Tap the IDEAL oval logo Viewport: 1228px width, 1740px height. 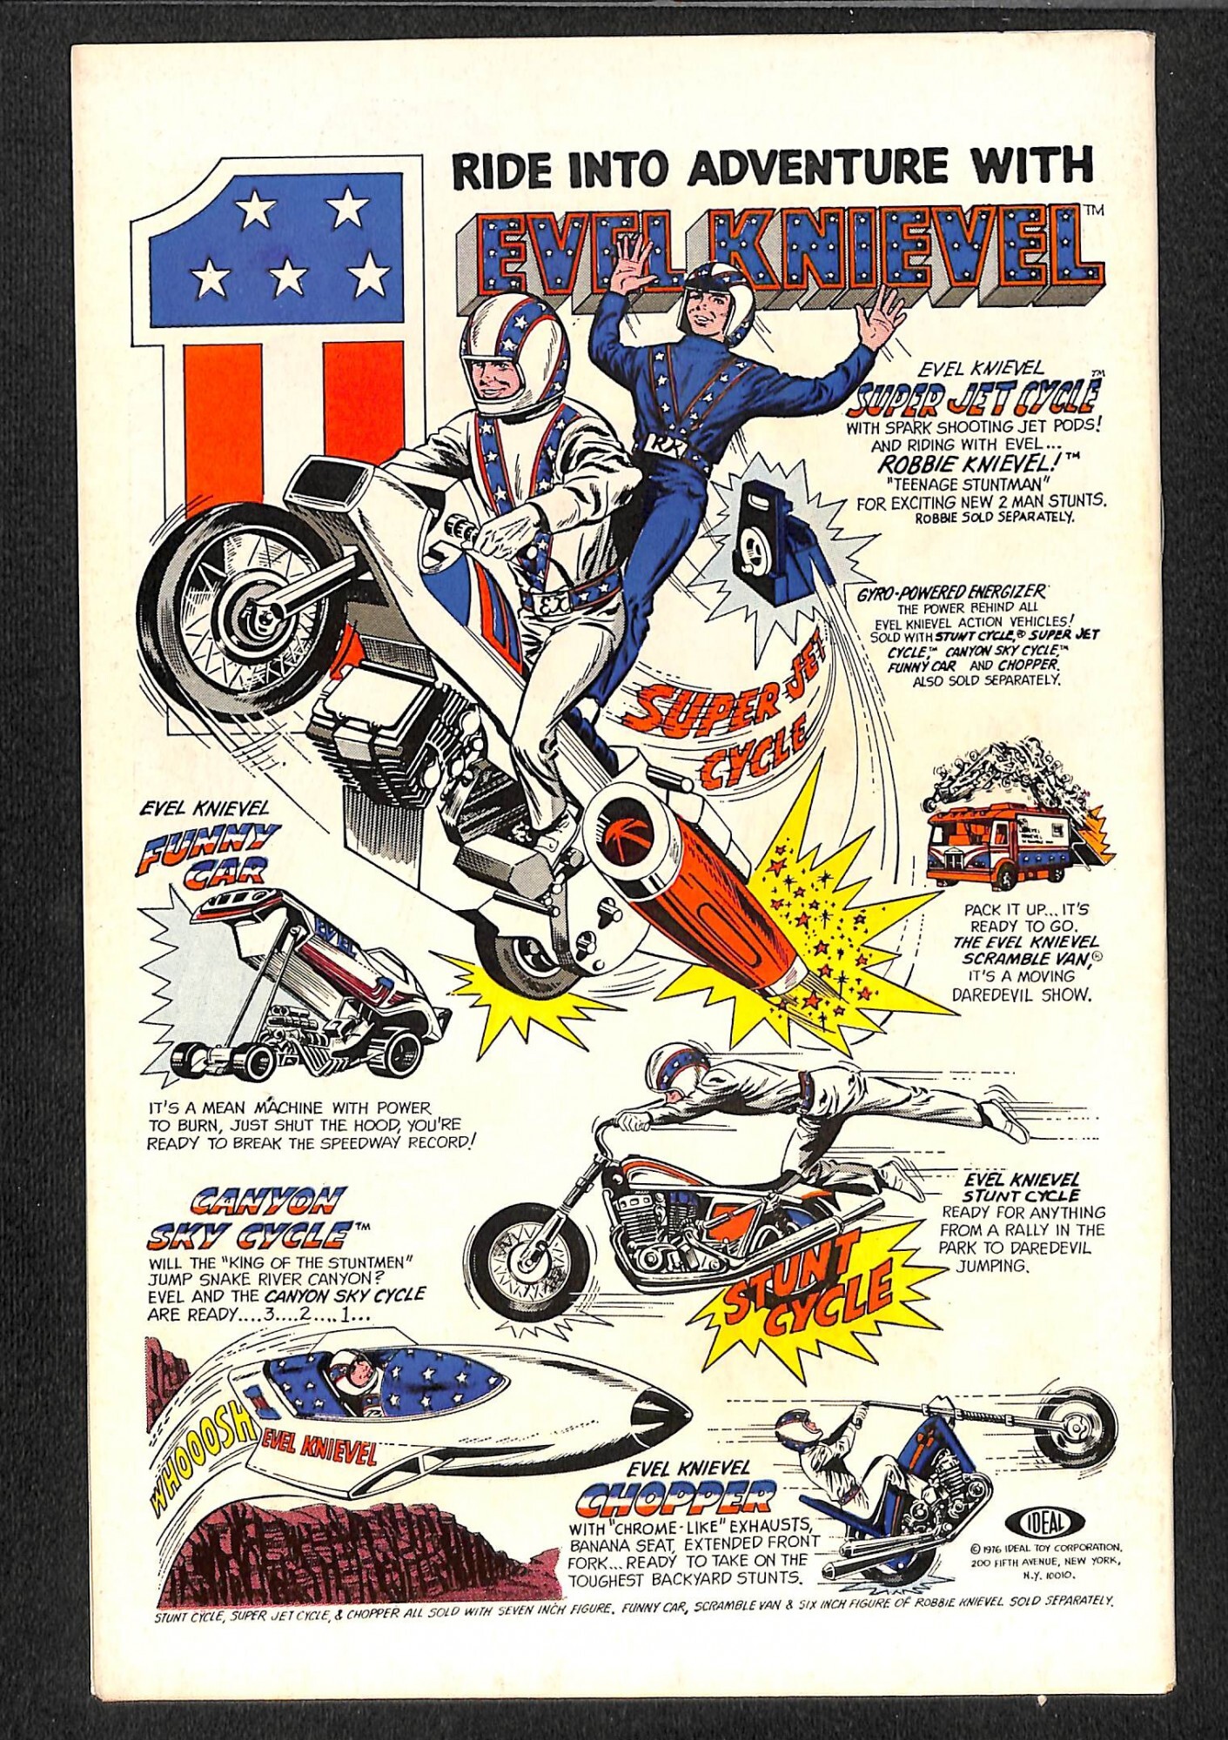click(x=1044, y=1522)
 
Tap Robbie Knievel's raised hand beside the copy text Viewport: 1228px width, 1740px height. click(x=879, y=318)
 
